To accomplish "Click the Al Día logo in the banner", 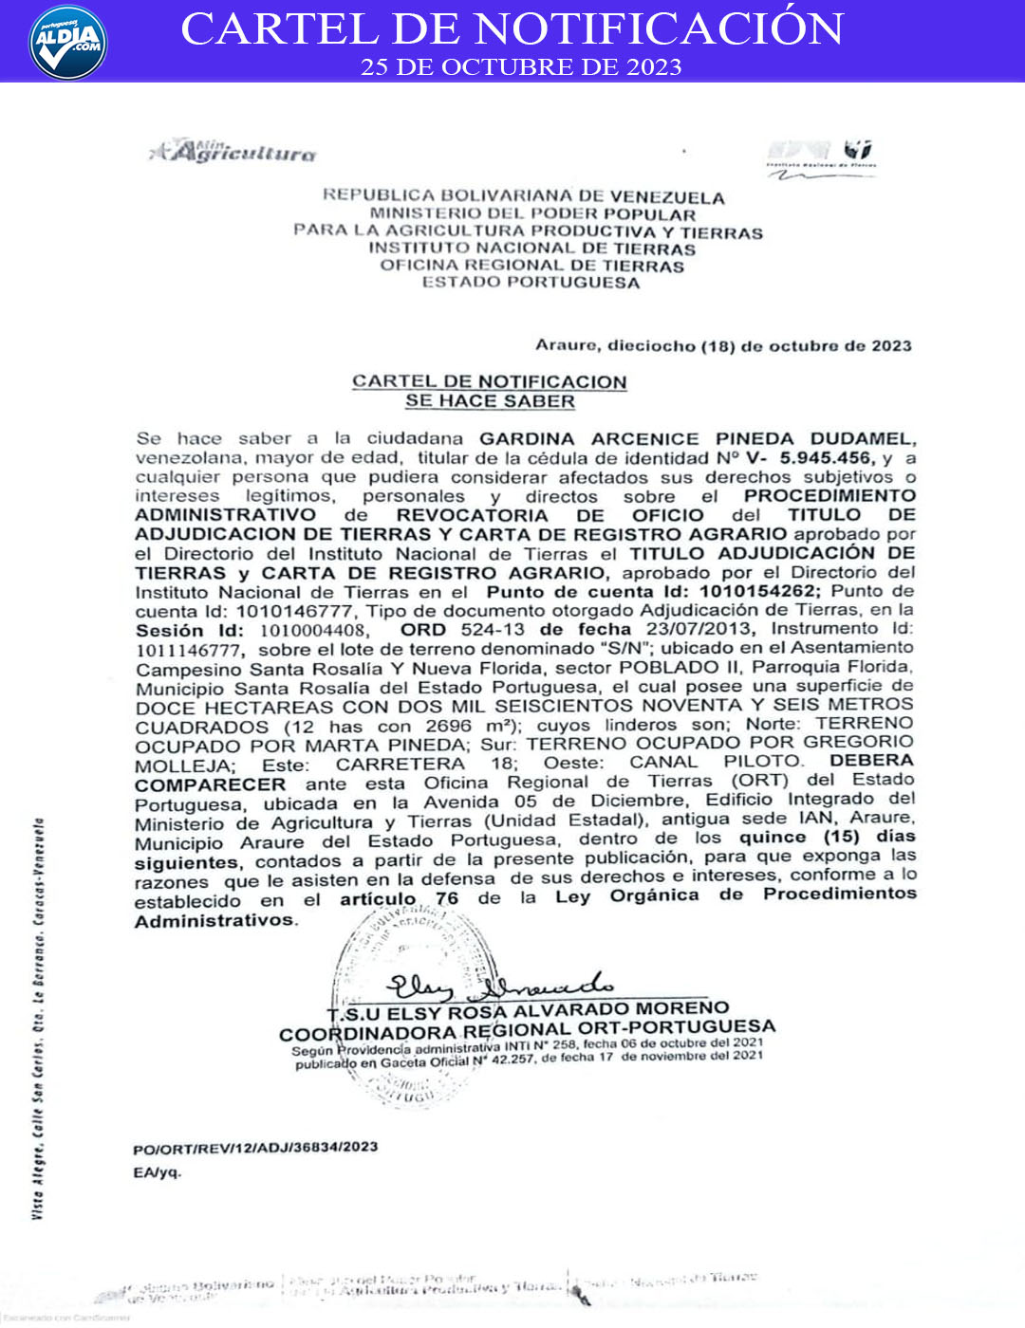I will pos(67,42).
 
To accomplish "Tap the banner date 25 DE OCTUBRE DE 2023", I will pos(520,67).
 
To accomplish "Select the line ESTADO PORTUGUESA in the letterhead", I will pos(531,282).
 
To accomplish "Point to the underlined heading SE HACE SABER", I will pos(490,401).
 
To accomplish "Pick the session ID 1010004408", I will pos(313,631).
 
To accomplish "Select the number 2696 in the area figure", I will pos(448,726).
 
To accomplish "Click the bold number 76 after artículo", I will pos(447,898).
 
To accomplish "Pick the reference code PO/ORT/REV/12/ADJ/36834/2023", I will pos(255,1147).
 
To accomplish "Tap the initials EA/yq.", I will pos(157,1172).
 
